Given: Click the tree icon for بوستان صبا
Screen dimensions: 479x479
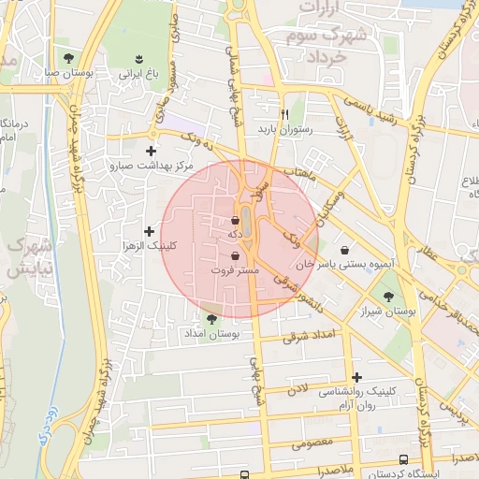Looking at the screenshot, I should (x=67, y=57).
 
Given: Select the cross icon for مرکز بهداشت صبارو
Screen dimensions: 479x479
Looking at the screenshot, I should (x=151, y=150).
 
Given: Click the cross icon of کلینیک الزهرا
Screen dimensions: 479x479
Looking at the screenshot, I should (x=149, y=230).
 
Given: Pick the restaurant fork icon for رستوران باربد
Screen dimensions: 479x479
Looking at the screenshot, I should (x=272, y=116).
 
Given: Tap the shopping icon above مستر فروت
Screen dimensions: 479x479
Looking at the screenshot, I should (x=235, y=254).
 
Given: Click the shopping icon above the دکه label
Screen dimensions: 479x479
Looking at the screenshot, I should (x=236, y=221).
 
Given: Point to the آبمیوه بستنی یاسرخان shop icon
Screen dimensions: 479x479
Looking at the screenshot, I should (x=347, y=250).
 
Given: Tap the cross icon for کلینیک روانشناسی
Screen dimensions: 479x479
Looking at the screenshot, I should (x=357, y=377).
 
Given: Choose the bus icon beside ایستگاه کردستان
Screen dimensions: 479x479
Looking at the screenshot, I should (x=403, y=459).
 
